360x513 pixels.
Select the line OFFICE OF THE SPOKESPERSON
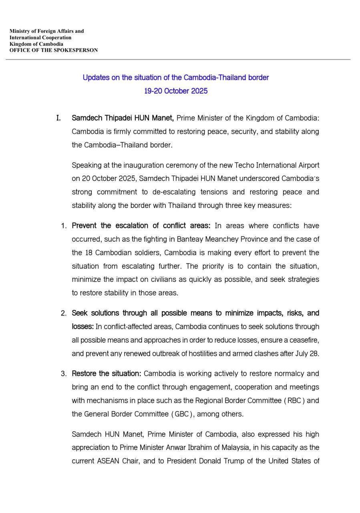(x=54, y=50)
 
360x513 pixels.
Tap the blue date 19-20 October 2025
(x=176, y=91)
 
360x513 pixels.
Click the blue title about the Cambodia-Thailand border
(x=175, y=77)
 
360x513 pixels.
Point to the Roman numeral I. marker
(x=58, y=118)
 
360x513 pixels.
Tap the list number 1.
(x=64, y=226)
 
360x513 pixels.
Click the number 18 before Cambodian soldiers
(x=89, y=252)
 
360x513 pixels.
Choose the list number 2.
(x=64, y=313)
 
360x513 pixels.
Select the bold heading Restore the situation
(x=107, y=374)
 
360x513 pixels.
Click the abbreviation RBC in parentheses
(x=294, y=400)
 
